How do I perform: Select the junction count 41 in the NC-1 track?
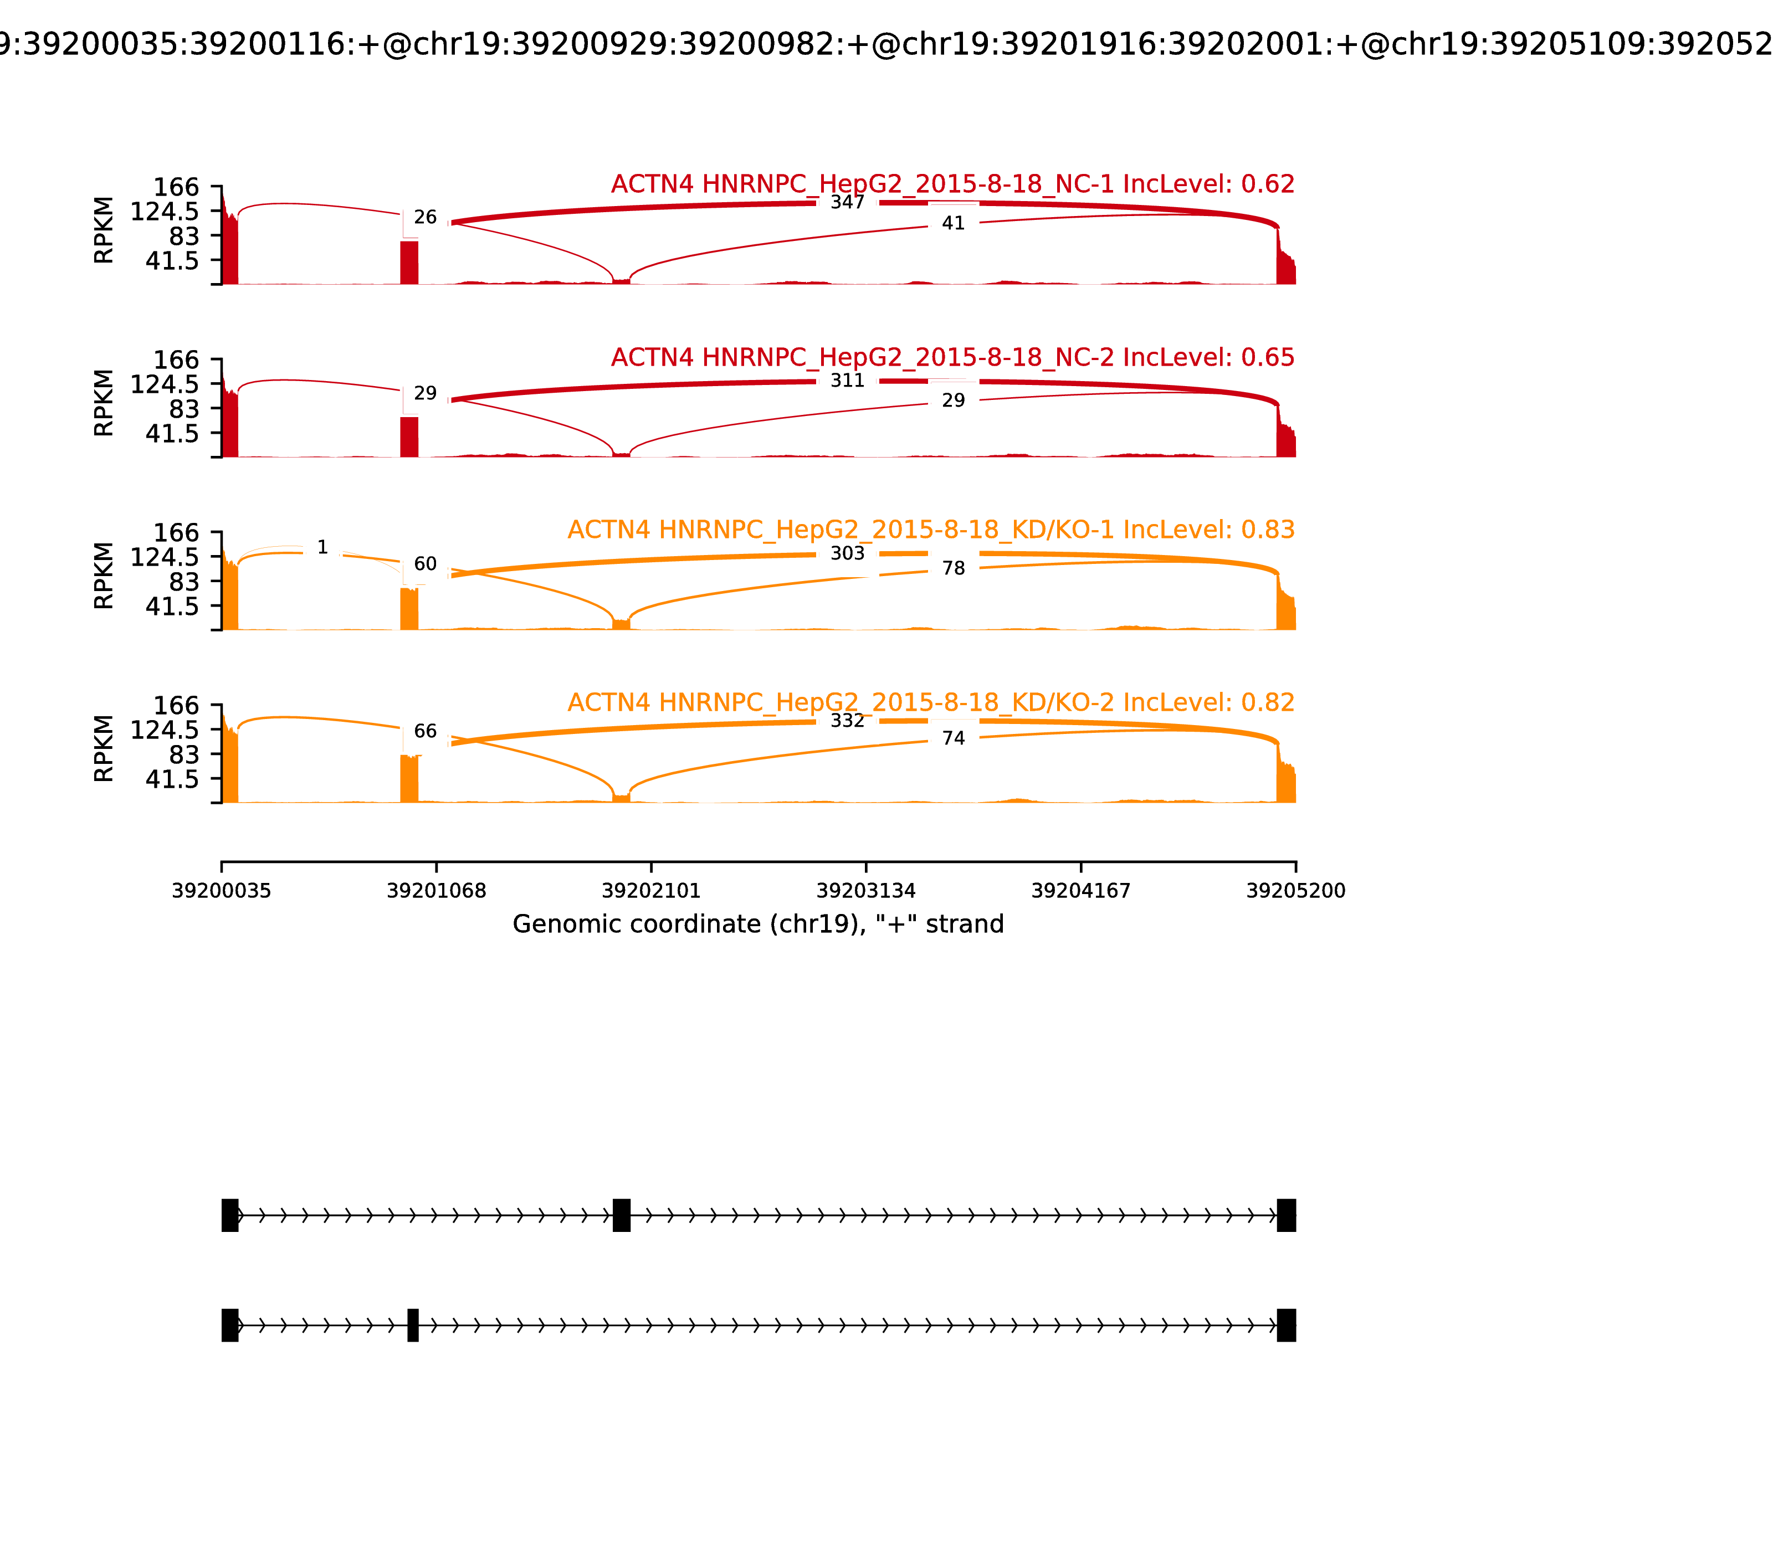tap(952, 223)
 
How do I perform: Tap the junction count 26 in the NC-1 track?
tap(425, 217)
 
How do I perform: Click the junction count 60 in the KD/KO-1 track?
tap(425, 564)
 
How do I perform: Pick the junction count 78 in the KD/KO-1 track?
tap(952, 569)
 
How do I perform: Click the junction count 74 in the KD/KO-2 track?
tap(952, 738)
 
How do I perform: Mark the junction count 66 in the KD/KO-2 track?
tap(425, 731)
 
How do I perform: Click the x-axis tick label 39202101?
tap(651, 891)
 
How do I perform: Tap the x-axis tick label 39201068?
tap(437, 891)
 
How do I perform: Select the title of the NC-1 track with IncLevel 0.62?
tap(952, 184)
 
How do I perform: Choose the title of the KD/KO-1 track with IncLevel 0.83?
tap(931, 530)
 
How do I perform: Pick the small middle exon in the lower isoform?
tap(413, 1325)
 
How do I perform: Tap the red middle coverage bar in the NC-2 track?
tap(409, 436)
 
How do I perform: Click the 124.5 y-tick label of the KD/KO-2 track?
tap(165, 731)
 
